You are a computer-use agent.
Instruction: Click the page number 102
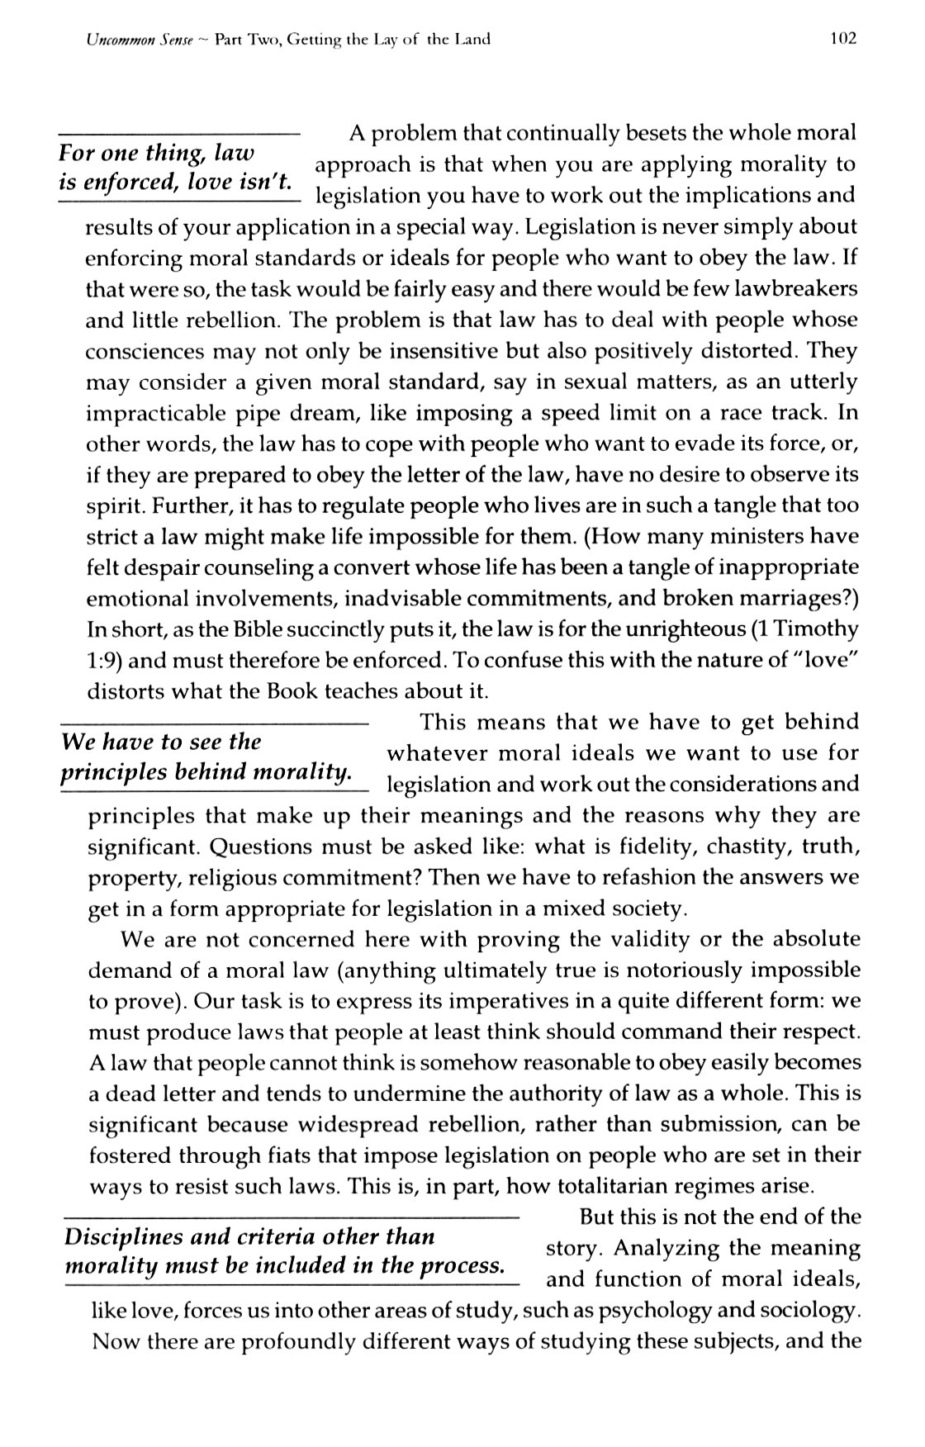(x=843, y=37)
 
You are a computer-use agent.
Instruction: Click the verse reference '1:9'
(x=104, y=661)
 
